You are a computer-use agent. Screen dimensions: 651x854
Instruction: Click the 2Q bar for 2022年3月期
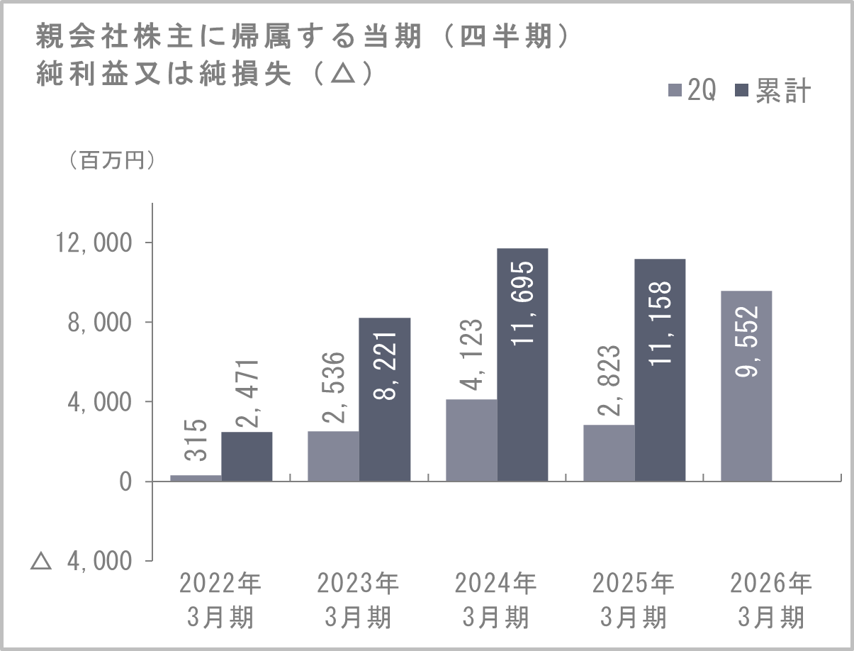click(x=196, y=478)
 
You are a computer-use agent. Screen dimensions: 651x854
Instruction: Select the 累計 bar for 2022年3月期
click(x=247, y=457)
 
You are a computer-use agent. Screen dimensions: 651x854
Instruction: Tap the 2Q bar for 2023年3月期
click(x=333, y=456)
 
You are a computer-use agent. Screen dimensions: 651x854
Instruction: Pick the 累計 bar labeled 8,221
click(x=385, y=399)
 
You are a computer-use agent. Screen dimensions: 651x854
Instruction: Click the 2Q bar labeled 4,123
click(x=471, y=440)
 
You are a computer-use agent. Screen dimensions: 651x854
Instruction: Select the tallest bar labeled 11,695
click(x=522, y=365)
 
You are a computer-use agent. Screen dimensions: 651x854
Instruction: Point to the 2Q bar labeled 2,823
click(x=609, y=453)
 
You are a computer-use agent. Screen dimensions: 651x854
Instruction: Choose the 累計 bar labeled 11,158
click(x=660, y=370)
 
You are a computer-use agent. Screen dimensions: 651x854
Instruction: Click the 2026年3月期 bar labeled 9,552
click(x=746, y=386)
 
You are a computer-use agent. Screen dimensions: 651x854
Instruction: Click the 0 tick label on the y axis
click(x=125, y=482)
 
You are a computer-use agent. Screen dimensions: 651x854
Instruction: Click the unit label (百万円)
click(x=112, y=161)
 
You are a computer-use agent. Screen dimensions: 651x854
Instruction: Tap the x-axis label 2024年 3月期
click(x=495, y=600)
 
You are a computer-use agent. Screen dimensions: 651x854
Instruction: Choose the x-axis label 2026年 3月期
click(x=771, y=600)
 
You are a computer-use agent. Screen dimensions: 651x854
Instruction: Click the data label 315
click(x=196, y=444)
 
